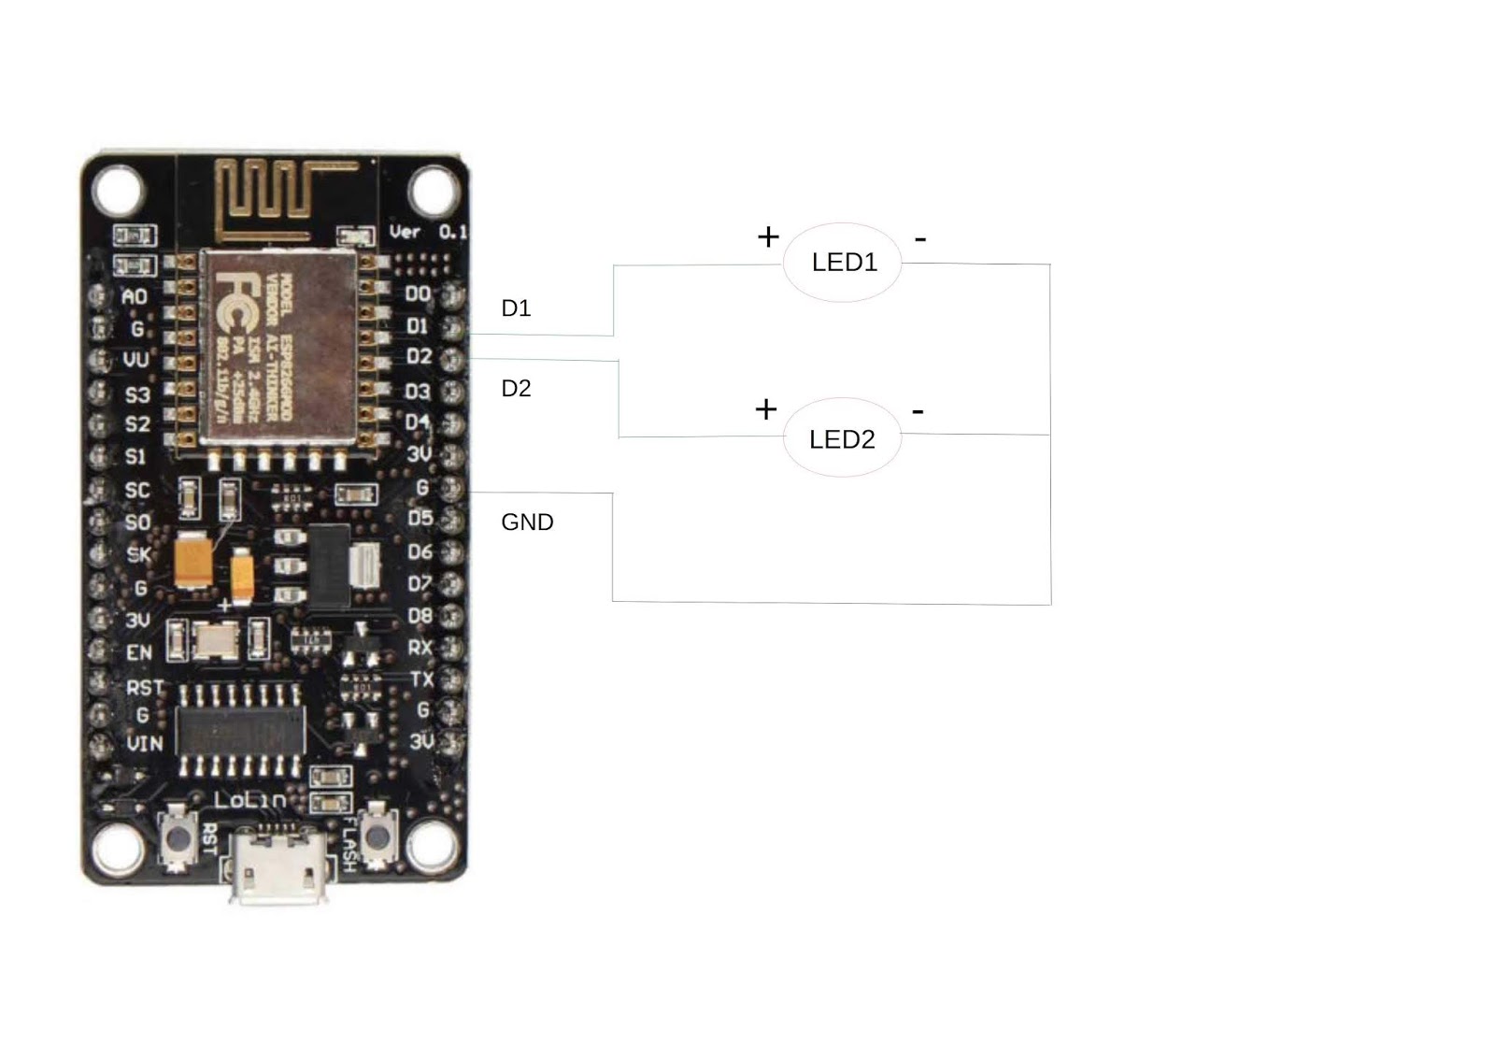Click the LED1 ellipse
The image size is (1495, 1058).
(x=842, y=263)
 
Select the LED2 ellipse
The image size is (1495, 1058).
(x=842, y=438)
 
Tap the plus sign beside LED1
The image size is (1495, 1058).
(x=767, y=237)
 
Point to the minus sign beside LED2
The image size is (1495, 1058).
(x=918, y=411)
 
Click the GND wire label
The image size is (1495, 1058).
(x=527, y=522)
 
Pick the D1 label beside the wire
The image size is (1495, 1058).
(x=516, y=308)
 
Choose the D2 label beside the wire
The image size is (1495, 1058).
(x=516, y=389)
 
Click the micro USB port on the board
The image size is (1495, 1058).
(x=278, y=869)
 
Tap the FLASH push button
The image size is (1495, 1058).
(x=377, y=833)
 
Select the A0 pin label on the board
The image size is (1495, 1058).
(x=135, y=297)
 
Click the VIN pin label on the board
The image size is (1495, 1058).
(x=144, y=744)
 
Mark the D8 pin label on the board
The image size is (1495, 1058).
(x=420, y=616)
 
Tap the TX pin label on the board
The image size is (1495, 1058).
(x=421, y=679)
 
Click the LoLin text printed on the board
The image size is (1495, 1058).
(x=249, y=800)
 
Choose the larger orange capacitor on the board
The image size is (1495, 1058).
(x=193, y=560)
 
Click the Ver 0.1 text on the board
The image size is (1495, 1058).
(x=427, y=232)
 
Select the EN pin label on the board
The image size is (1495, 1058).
(x=138, y=652)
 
